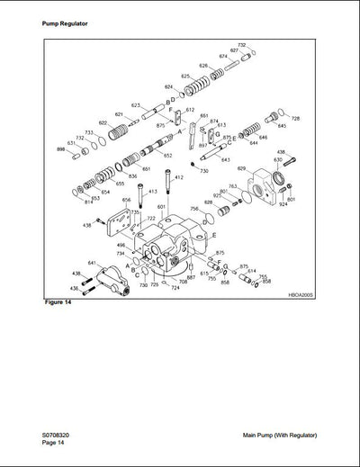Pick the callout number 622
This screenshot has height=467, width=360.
point(103,122)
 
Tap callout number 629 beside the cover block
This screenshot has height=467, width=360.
point(242,168)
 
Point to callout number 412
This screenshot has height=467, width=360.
point(178,177)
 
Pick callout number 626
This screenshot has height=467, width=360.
point(203,66)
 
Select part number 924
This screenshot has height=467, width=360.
point(283,204)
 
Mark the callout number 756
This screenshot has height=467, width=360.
point(194,209)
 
